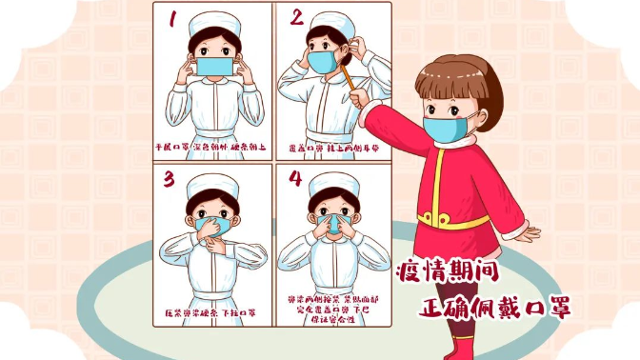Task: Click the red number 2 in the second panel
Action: click(x=297, y=17)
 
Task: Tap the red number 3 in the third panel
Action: click(x=170, y=178)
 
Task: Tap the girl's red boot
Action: click(x=464, y=345)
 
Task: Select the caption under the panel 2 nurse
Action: click(x=332, y=148)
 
